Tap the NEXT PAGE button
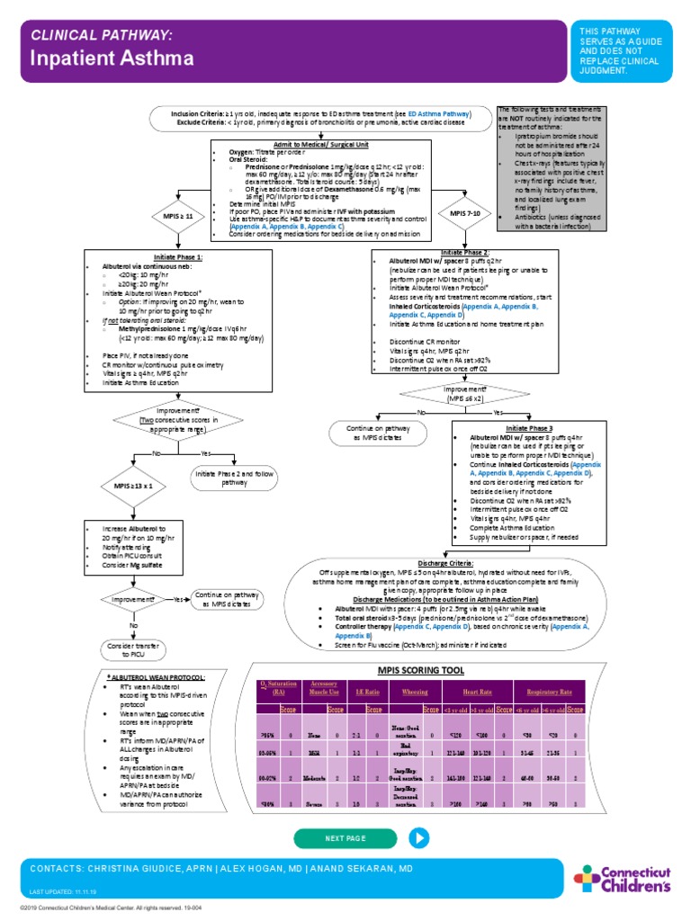(x=345, y=837)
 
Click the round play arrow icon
(x=419, y=837)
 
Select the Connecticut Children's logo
(x=623, y=878)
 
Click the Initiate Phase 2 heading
(x=464, y=253)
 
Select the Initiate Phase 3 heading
(x=529, y=429)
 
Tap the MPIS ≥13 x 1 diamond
(x=134, y=486)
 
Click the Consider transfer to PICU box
(x=133, y=649)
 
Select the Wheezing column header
(x=415, y=693)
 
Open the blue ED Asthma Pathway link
(x=438, y=115)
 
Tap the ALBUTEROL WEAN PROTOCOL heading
(x=157, y=675)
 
